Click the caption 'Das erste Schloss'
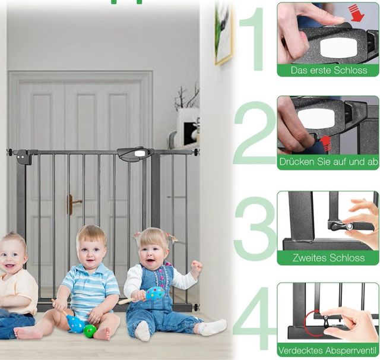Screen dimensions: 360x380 (x=328, y=70)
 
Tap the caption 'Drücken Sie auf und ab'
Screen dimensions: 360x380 (x=328, y=162)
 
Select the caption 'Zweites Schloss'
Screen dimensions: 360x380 (x=328, y=258)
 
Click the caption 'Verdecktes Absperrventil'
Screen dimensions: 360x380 (x=328, y=350)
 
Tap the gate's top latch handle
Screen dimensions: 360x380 (x=135, y=154)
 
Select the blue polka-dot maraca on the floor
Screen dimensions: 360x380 (x=75, y=324)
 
